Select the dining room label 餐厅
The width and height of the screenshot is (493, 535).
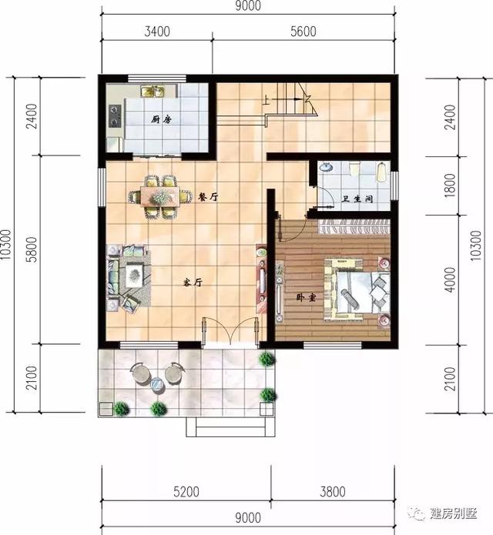pyautogui.click(x=208, y=197)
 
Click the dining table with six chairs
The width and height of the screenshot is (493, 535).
pyautogui.click(x=160, y=196)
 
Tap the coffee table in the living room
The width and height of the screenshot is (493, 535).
pyautogui.click(x=135, y=271)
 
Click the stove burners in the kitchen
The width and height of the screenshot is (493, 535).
pyautogui.click(x=116, y=115)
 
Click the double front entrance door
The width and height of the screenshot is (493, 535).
pyautogui.click(x=230, y=329)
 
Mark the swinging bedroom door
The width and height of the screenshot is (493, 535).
pyautogui.click(x=293, y=227)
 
